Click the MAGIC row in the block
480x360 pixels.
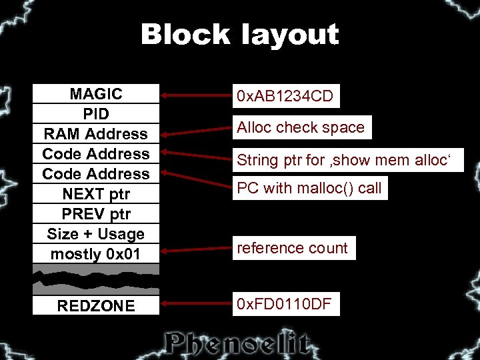point(96,94)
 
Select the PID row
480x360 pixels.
point(96,114)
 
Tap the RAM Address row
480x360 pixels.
point(96,134)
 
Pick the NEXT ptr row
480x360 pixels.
point(96,194)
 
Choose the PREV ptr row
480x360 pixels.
point(96,214)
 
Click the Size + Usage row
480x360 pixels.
point(96,234)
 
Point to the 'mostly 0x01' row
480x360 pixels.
point(96,254)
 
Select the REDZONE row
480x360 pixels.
point(96,306)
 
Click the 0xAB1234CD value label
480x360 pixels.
point(285,97)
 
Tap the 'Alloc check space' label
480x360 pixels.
point(301,127)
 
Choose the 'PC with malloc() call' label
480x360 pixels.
point(309,188)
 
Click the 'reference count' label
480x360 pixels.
point(293,248)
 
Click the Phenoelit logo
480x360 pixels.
point(238,343)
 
